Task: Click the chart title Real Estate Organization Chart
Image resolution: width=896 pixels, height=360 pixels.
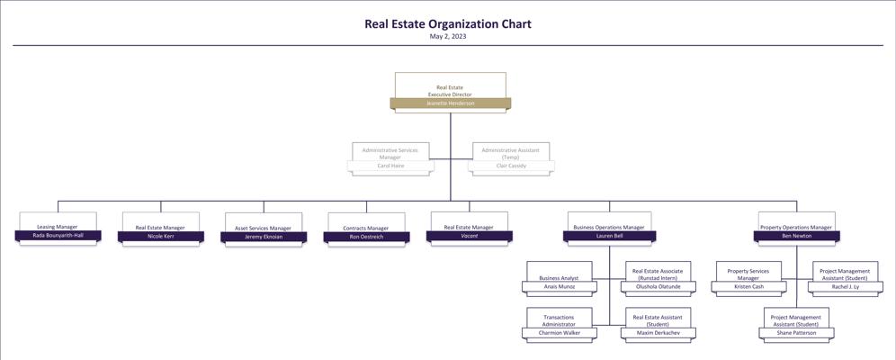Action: pyautogui.click(x=447, y=24)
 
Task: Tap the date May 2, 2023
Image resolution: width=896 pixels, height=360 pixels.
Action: pyautogui.click(x=447, y=37)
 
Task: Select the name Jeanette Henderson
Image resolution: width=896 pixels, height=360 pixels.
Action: pyautogui.click(x=450, y=103)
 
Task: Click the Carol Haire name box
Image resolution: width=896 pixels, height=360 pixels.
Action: pyautogui.click(x=390, y=166)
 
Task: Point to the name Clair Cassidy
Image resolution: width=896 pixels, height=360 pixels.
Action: pyautogui.click(x=511, y=166)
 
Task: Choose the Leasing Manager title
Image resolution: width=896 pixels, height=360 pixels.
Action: pyautogui.click(x=58, y=227)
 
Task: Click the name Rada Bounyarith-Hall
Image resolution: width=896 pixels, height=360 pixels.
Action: pyautogui.click(x=58, y=236)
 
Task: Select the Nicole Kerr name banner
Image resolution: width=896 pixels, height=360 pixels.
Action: pyautogui.click(x=160, y=237)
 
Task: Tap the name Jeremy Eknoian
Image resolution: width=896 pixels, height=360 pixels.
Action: pyautogui.click(x=264, y=237)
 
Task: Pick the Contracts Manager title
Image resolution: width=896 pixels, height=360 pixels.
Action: pyautogui.click(x=366, y=228)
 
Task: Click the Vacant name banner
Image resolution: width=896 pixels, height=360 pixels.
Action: pyautogui.click(x=469, y=236)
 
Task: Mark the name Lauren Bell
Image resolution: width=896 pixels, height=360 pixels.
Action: pyautogui.click(x=609, y=236)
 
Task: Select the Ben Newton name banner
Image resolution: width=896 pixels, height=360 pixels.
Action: pyautogui.click(x=796, y=236)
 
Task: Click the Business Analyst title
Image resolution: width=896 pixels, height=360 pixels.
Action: pyautogui.click(x=559, y=278)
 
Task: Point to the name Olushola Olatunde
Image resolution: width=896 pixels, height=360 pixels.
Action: pyautogui.click(x=658, y=287)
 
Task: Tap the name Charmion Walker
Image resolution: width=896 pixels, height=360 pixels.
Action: pyautogui.click(x=559, y=333)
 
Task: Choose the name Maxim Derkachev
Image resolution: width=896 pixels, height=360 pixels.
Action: pyautogui.click(x=658, y=333)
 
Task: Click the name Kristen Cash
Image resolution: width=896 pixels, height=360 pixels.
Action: pyautogui.click(x=748, y=287)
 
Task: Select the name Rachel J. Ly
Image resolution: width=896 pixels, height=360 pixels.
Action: pyautogui.click(x=845, y=287)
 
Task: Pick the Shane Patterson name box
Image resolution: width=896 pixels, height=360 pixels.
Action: pyautogui.click(x=796, y=333)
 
